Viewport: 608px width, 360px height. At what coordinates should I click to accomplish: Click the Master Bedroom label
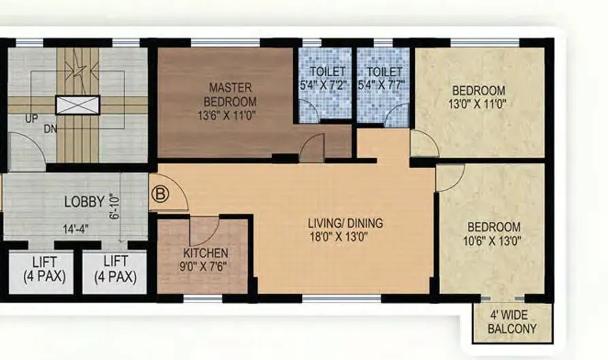pyautogui.click(x=231, y=94)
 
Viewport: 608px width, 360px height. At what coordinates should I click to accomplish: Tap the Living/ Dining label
pyautogui.click(x=345, y=223)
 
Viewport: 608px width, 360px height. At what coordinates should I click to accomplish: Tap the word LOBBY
pyautogui.click(x=84, y=202)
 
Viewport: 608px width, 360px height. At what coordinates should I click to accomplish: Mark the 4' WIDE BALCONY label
pyautogui.click(x=513, y=322)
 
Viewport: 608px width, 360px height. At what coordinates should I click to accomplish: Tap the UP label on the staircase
pyautogui.click(x=32, y=118)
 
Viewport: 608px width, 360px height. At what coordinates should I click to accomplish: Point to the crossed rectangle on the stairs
pyautogui.click(x=77, y=104)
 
